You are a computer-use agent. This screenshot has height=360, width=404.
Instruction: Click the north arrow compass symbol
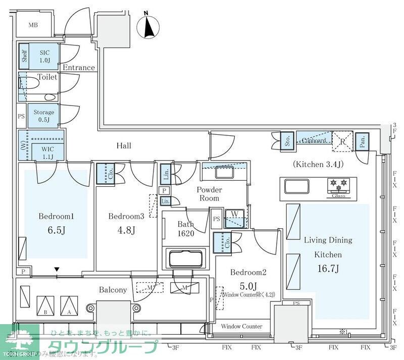pyautogui.click(x=149, y=26)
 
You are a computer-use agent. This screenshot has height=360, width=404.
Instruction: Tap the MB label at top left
pyautogui.click(x=33, y=25)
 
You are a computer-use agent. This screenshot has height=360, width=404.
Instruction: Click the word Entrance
pyautogui.click(x=78, y=68)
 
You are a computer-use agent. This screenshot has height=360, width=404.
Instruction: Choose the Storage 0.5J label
pyautogui.click(x=44, y=116)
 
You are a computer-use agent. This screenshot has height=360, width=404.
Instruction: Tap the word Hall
pyautogui.click(x=124, y=146)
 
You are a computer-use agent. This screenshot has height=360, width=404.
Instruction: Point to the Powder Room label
pyautogui.click(x=209, y=194)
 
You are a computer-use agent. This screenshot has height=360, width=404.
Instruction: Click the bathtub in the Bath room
pyautogui.click(x=186, y=259)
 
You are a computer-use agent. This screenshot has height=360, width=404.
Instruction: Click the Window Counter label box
pyautogui.click(x=241, y=327)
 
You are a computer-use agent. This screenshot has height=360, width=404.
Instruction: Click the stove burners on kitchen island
pyautogui.click(x=339, y=185)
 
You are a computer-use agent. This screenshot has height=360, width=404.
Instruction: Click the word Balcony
pyautogui.click(x=113, y=290)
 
